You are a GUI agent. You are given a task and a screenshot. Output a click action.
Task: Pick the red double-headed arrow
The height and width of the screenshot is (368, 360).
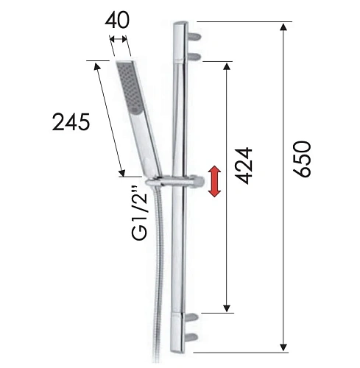[214, 181]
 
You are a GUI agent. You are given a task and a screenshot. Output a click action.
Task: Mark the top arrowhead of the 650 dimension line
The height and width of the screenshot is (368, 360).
[283, 28]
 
